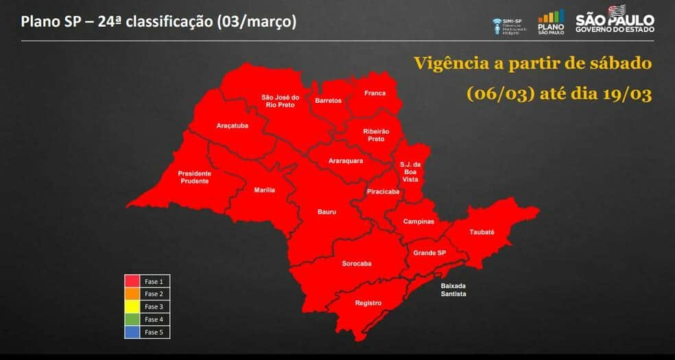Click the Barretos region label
point(328,101)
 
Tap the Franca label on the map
point(375,93)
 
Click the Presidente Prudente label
point(194,177)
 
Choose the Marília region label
point(264,189)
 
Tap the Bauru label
point(327,212)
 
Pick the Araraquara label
point(346,160)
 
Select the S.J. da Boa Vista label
point(410,171)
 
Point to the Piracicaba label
point(383,192)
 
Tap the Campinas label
point(418,221)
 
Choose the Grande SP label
point(429,253)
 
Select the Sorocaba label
point(357,263)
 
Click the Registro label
point(368,302)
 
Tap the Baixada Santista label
point(453,289)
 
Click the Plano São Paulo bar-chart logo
point(551,22)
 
